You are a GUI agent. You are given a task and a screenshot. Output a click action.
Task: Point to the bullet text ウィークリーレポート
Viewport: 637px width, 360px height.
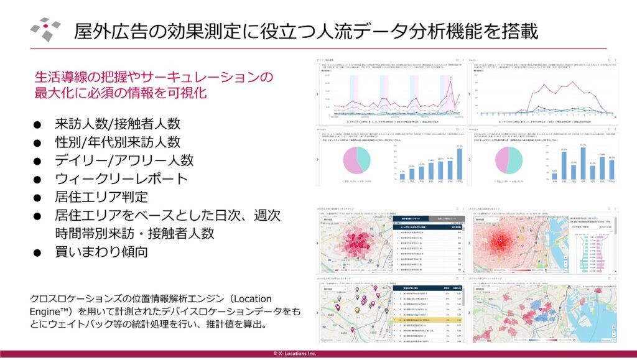click(121, 179)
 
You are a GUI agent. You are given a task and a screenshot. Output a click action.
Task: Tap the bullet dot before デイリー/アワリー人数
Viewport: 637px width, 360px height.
click(38, 161)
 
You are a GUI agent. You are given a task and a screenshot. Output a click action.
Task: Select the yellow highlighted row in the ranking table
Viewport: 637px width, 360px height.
click(427, 321)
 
